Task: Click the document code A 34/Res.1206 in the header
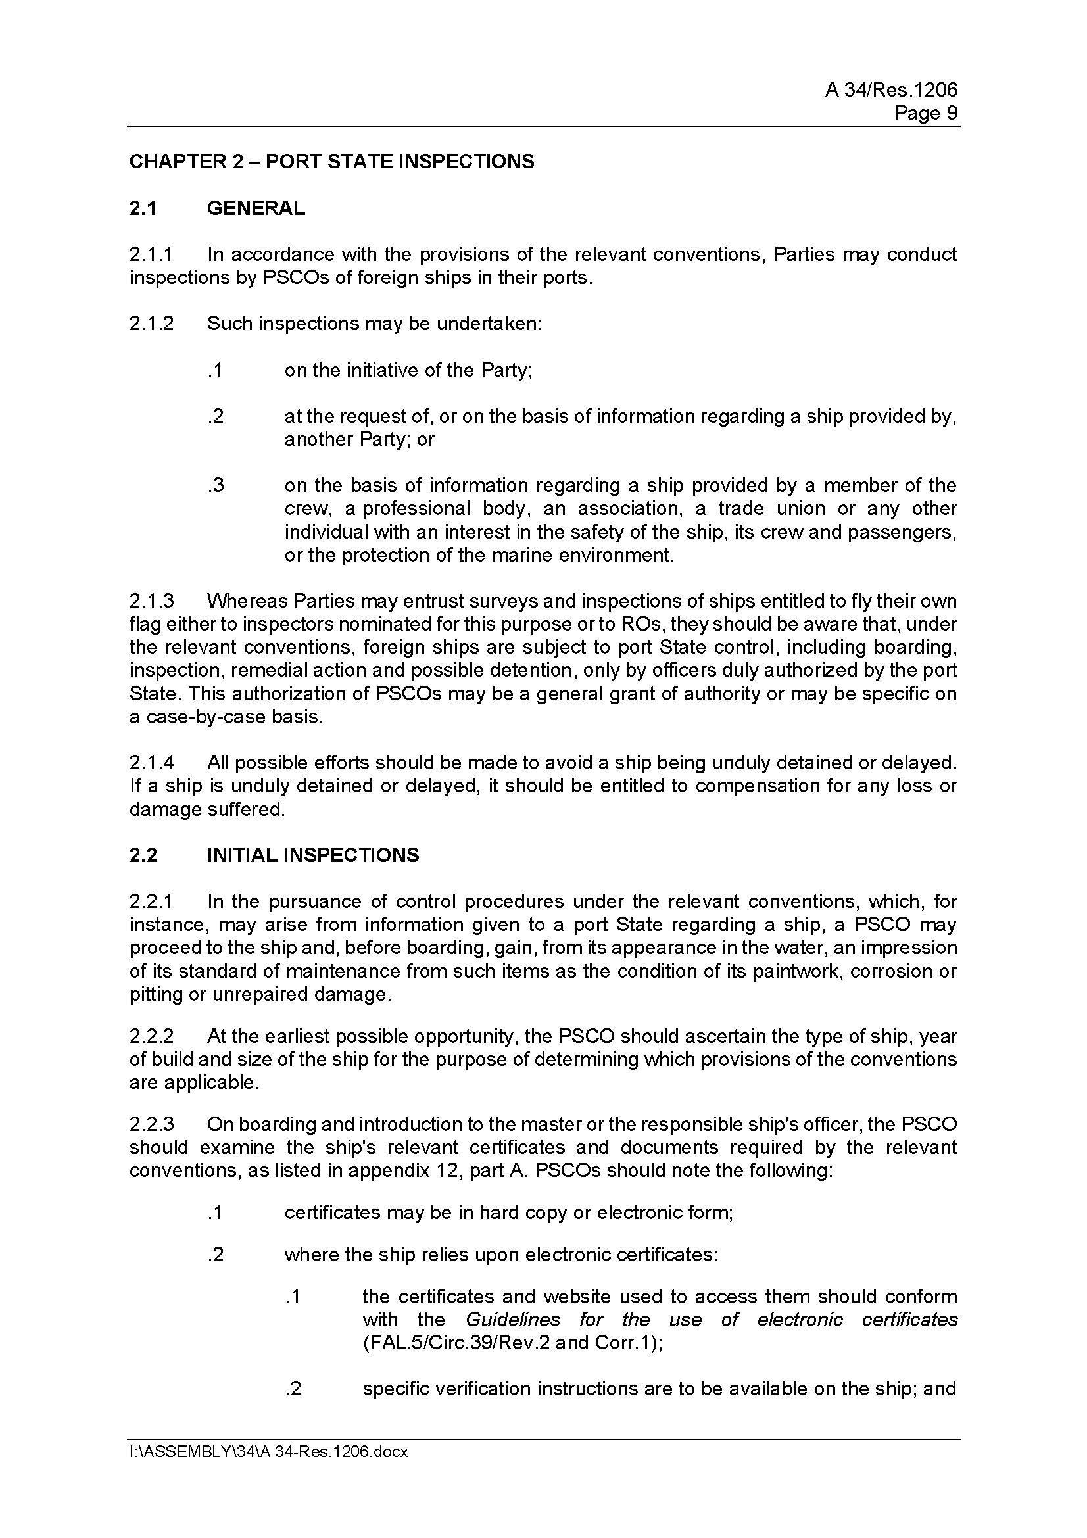[x=891, y=90]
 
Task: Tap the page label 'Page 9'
[x=926, y=113]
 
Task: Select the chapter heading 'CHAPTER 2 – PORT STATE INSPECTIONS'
[x=331, y=162]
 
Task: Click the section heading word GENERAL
[x=256, y=208]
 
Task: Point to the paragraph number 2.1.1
[x=151, y=254]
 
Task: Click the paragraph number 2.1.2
[x=151, y=324]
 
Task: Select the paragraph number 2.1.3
[x=151, y=601]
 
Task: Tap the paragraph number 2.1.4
[x=151, y=762]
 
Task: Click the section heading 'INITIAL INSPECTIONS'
[x=313, y=855]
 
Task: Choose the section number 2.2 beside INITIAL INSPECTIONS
[x=143, y=855]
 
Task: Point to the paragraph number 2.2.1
[x=151, y=901]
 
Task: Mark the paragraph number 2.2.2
[x=151, y=1036]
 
